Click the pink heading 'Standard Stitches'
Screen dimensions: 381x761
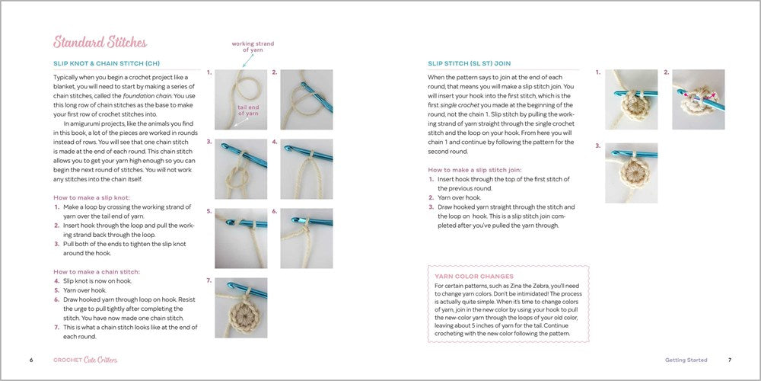coord(100,43)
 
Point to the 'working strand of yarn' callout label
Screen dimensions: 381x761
coord(253,47)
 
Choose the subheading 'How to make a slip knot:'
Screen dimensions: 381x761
coord(91,197)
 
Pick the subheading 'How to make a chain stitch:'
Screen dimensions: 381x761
coord(97,271)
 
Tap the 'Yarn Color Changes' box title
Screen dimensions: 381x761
coord(474,276)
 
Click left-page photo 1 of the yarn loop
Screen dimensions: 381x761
coord(240,99)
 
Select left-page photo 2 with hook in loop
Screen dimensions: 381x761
coord(306,99)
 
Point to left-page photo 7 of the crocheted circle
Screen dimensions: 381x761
coord(240,308)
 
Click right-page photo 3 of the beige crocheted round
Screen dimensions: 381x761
coord(631,173)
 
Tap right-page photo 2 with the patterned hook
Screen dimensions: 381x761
coord(698,99)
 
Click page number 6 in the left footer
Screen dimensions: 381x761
coord(31,360)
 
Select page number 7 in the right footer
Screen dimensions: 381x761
coord(729,360)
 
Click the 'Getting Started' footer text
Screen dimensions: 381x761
coord(686,360)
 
